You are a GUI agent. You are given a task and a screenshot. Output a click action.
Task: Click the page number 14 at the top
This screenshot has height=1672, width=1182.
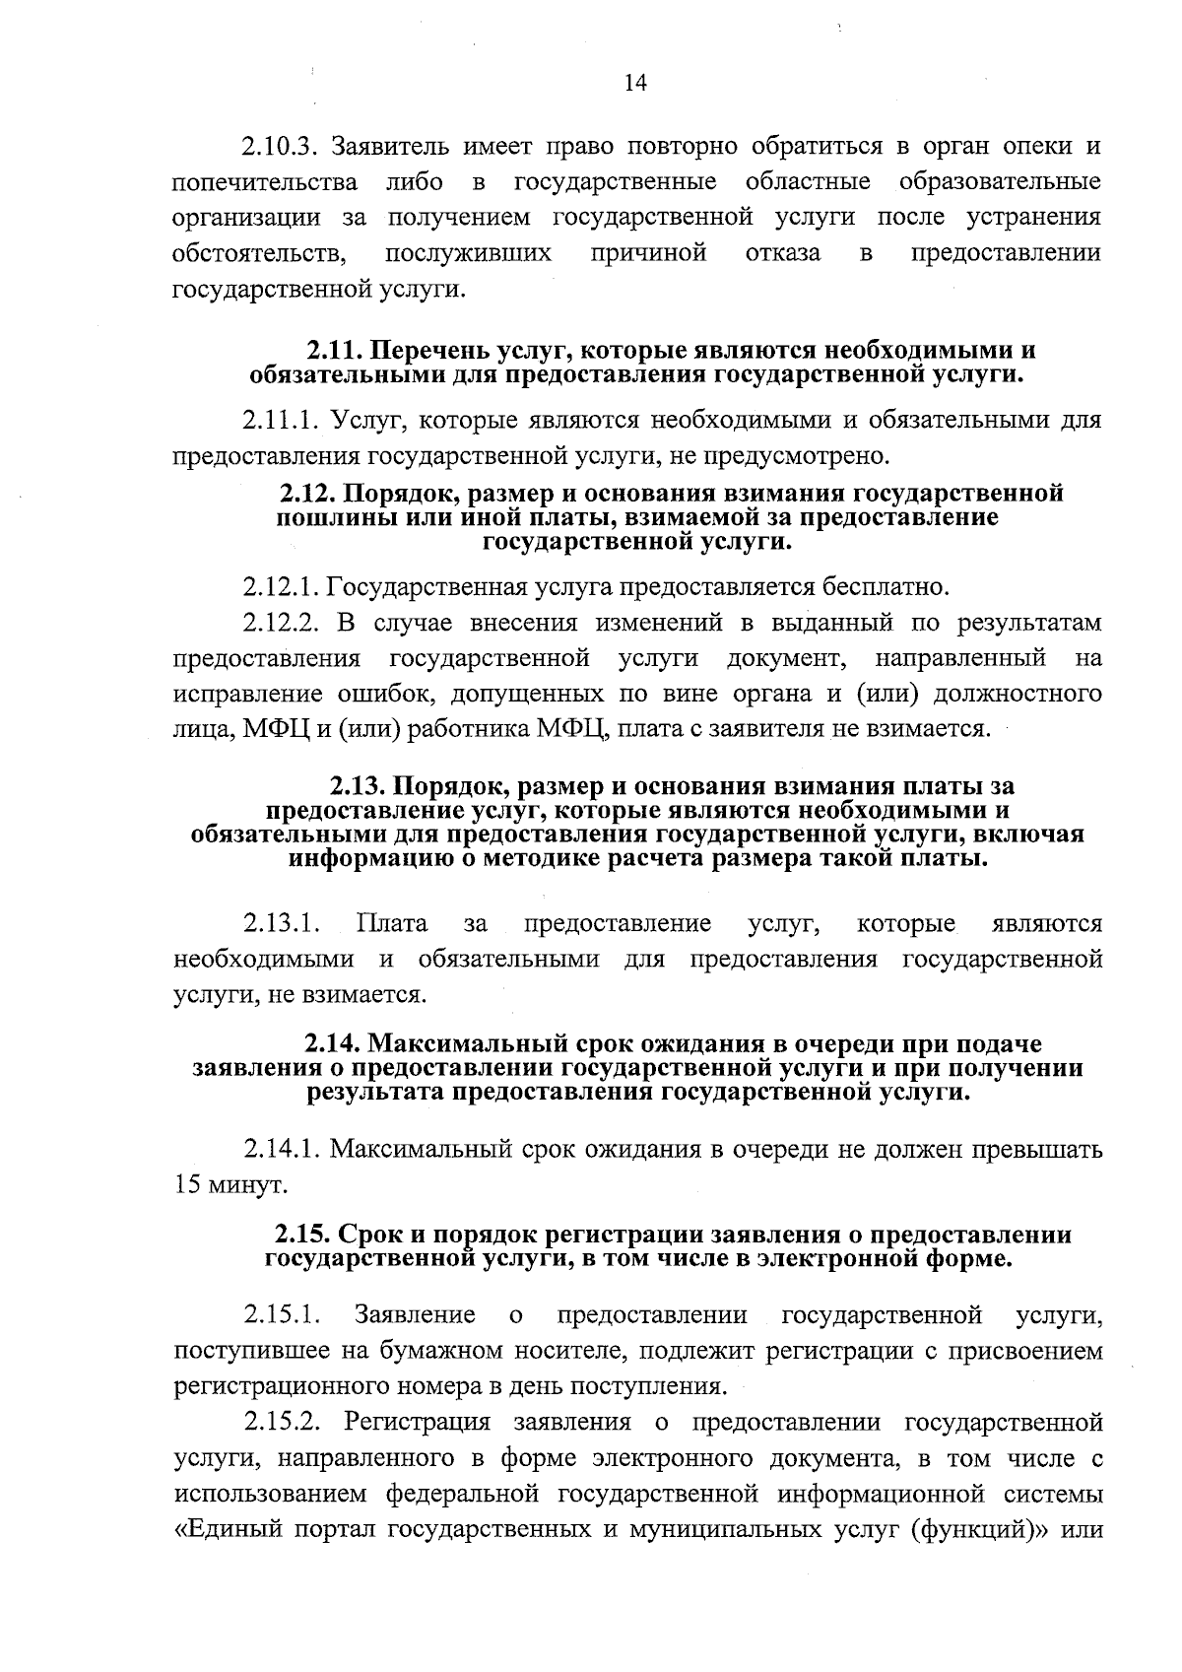click(x=634, y=84)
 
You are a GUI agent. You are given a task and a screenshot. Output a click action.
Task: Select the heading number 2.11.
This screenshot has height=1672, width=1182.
click(x=335, y=351)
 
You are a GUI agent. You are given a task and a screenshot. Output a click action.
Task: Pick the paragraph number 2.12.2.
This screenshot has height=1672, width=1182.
click(x=281, y=623)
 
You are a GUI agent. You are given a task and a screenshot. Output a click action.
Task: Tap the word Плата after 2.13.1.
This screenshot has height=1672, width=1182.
click(x=392, y=924)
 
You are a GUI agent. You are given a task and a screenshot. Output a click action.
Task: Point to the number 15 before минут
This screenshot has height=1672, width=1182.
click(x=186, y=1185)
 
